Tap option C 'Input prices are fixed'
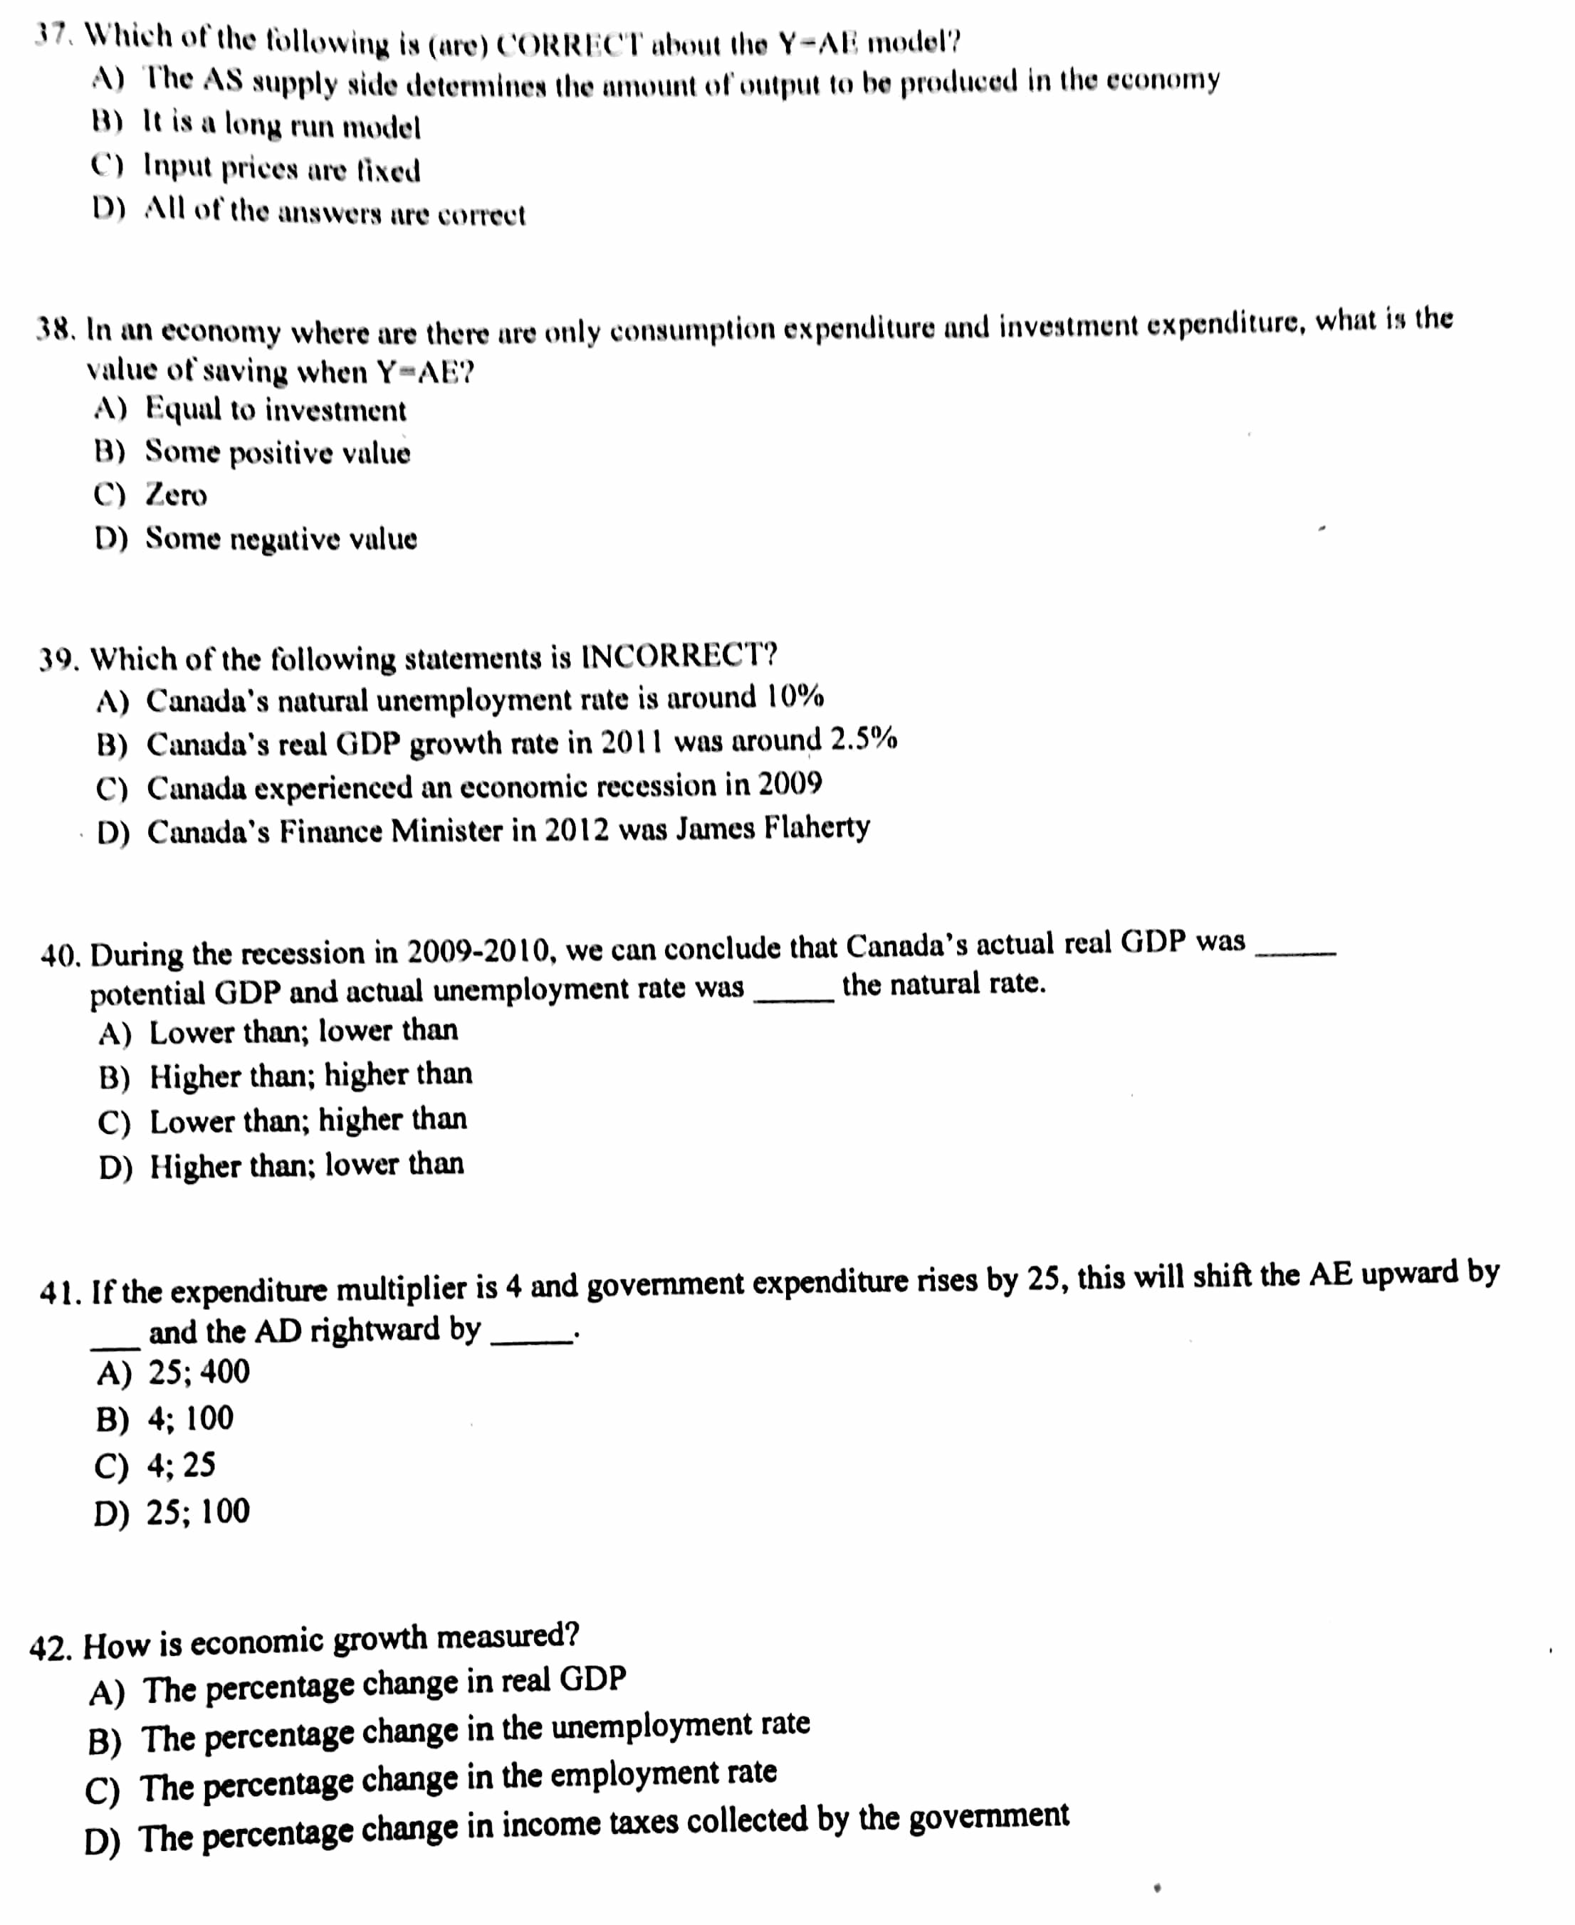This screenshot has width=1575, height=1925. click(281, 169)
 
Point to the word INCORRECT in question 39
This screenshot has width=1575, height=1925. click(678, 655)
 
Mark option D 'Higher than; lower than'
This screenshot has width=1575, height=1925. click(307, 1165)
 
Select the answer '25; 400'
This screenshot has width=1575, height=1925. click(199, 1373)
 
